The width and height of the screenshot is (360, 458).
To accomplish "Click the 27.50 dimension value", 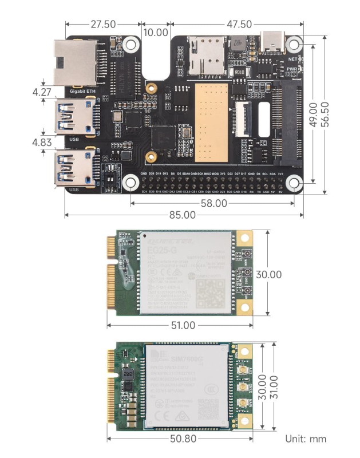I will click(x=103, y=25).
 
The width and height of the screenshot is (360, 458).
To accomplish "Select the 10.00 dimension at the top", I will click(x=156, y=33).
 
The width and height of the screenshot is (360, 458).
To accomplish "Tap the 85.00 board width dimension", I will click(x=184, y=215).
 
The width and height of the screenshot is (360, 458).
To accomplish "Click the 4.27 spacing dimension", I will click(x=42, y=92).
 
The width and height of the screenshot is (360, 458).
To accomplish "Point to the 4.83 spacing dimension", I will click(x=42, y=141).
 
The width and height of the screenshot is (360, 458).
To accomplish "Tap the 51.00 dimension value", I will click(x=180, y=325).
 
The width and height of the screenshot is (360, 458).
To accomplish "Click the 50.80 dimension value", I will click(x=180, y=439).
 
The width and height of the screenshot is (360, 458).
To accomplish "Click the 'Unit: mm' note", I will click(x=306, y=439).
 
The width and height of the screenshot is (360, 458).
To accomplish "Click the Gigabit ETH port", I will click(x=74, y=62).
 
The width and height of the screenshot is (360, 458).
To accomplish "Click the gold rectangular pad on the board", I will click(x=211, y=123).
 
